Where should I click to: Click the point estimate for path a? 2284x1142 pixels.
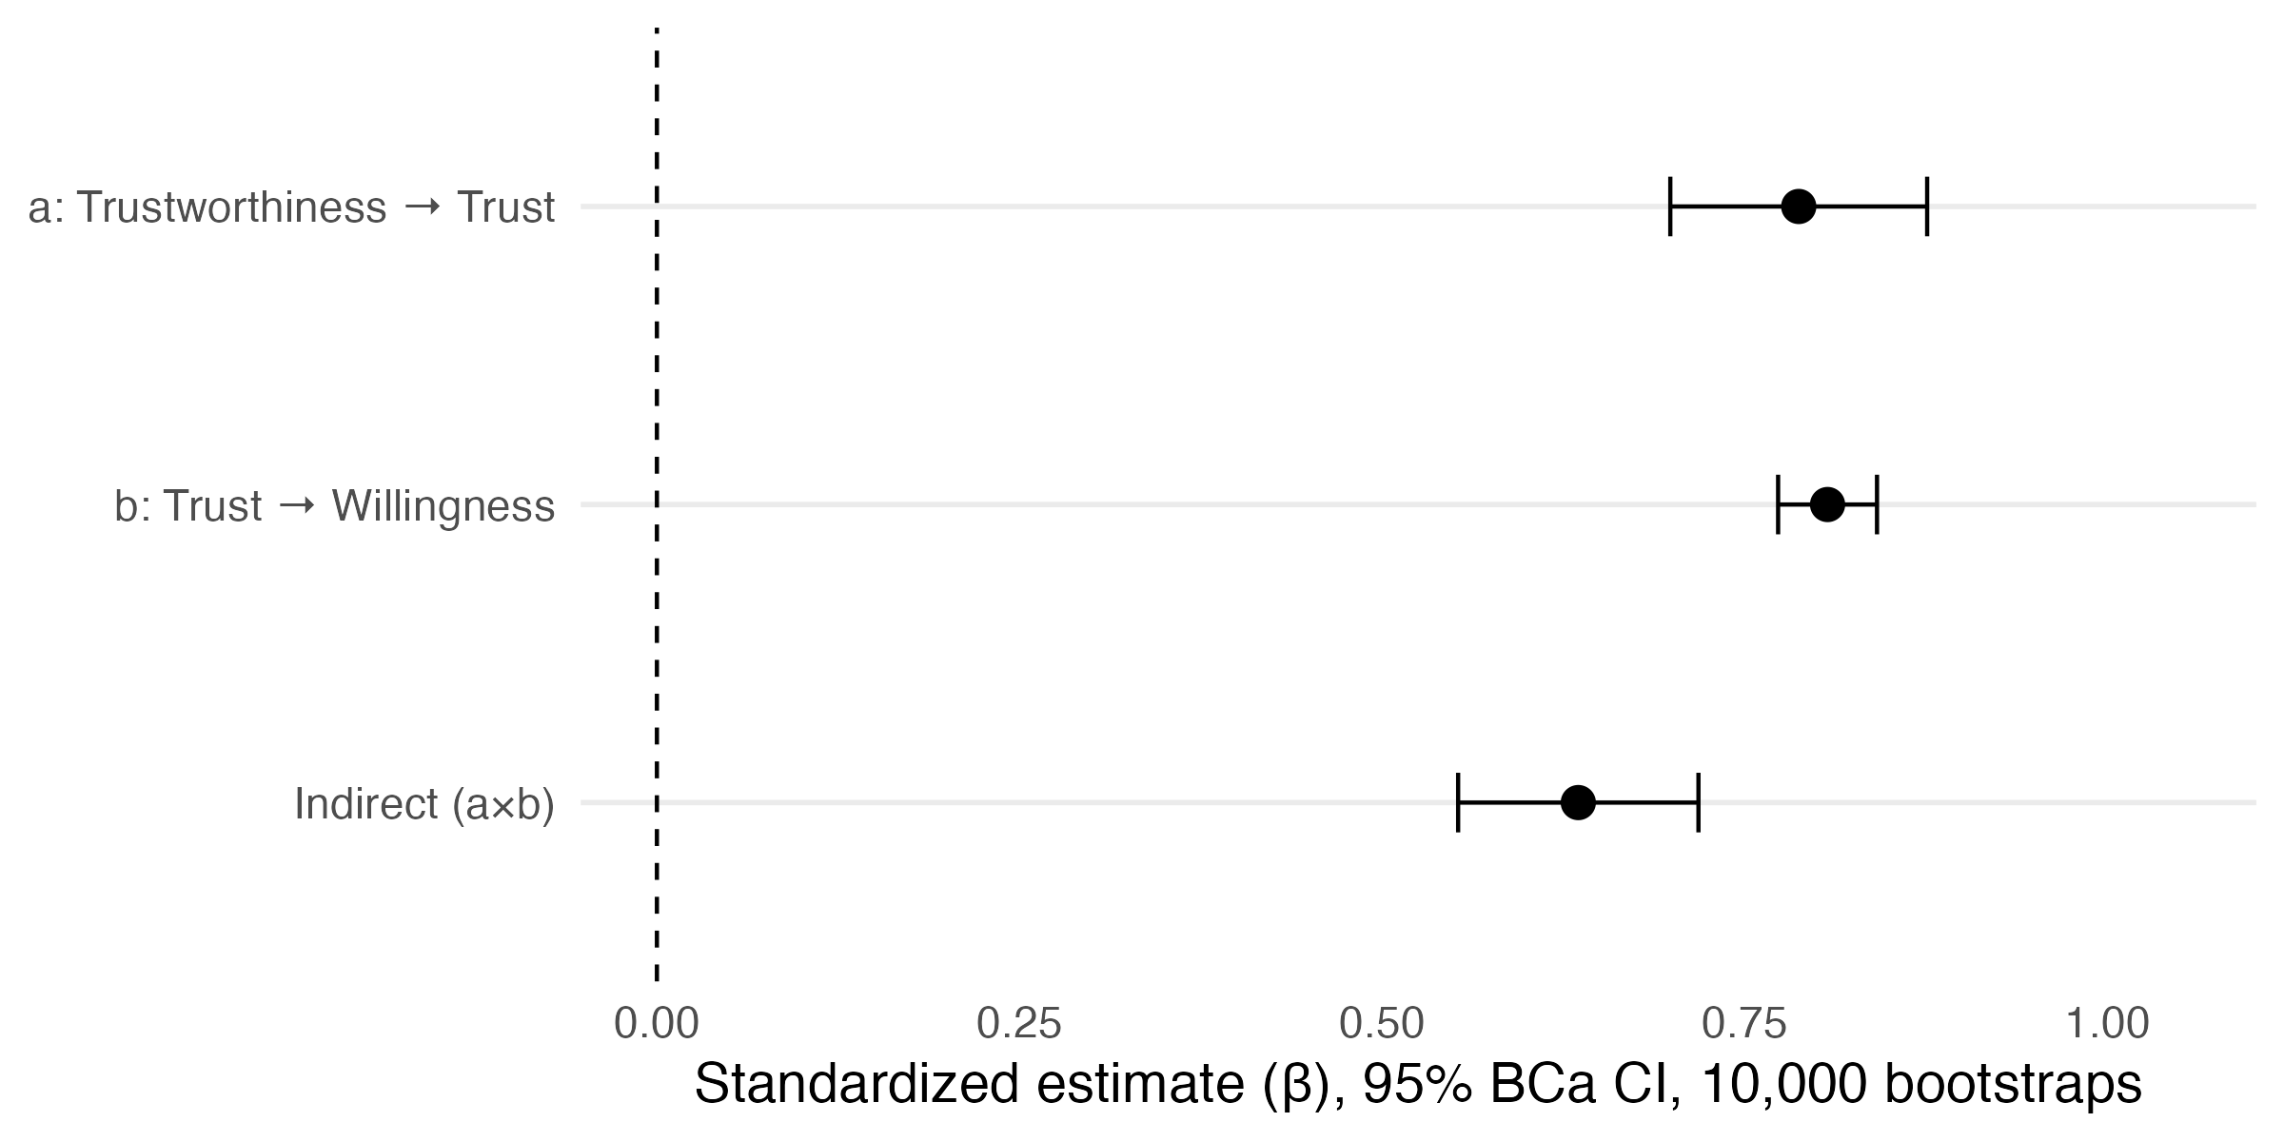pyautogui.click(x=1798, y=207)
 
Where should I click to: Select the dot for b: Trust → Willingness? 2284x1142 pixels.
pyautogui.click(x=1827, y=504)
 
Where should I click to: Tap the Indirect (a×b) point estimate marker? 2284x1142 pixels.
pyautogui.click(x=1578, y=802)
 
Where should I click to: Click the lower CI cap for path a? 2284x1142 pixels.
pyautogui.click(x=1670, y=207)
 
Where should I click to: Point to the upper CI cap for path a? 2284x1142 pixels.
pyautogui.click(x=1926, y=207)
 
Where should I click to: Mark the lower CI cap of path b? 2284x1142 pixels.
pyautogui.click(x=1778, y=504)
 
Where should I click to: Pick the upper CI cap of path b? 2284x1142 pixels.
pyautogui.click(x=1877, y=504)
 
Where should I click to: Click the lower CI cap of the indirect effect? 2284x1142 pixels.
pyautogui.click(x=1458, y=802)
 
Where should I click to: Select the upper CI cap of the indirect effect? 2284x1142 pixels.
pyautogui.click(x=1698, y=802)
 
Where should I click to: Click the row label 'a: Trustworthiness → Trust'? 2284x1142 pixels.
pyautogui.click(x=291, y=207)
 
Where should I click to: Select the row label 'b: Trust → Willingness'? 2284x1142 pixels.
pyautogui.click(x=334, y=505)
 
